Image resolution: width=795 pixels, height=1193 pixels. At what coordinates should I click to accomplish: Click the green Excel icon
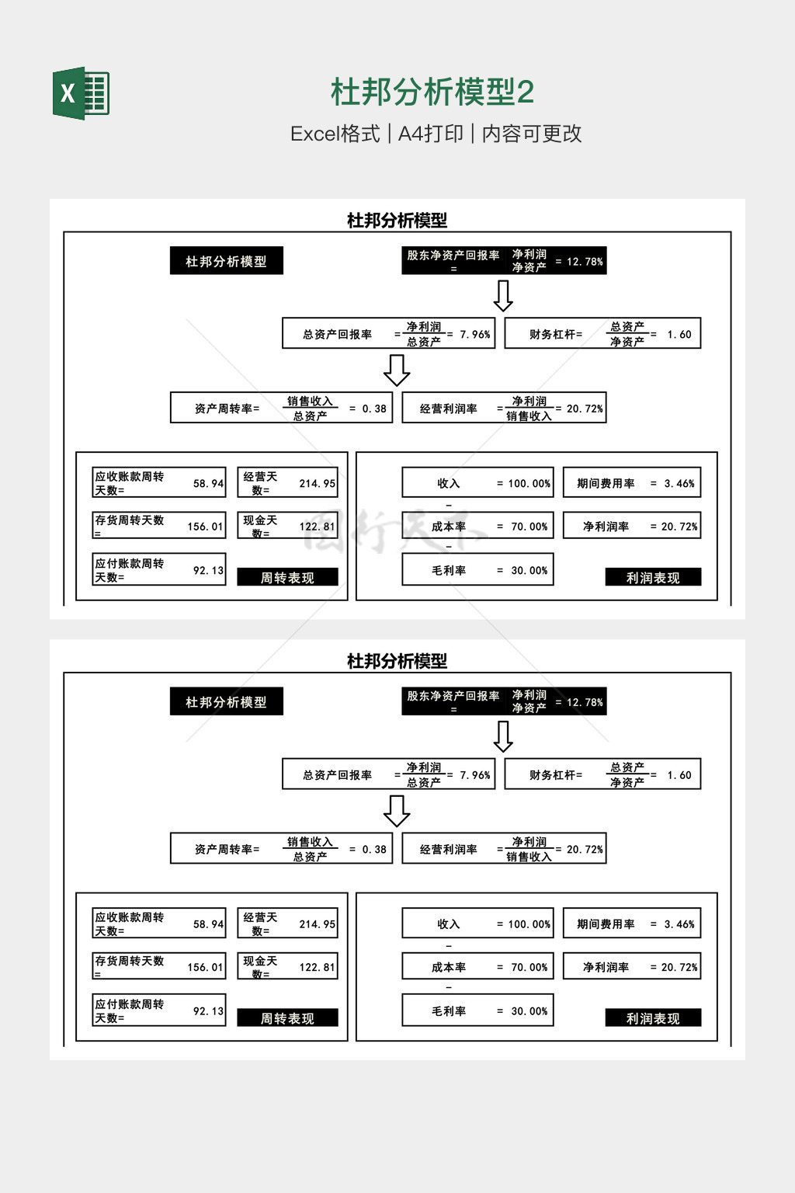pyautogui.click(x=81, y=93)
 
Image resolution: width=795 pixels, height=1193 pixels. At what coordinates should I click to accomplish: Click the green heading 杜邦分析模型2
pyautogui.click(x=432, y=92)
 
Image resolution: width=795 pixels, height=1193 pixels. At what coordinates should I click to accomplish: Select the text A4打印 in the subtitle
pyautogui.click(x=430, y=134)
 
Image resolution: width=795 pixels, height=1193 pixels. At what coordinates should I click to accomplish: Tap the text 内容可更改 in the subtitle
pyautogui.click(x=532, y=134)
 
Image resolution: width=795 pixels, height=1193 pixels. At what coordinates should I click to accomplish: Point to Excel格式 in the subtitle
pyautogui.click(x=335, y=134)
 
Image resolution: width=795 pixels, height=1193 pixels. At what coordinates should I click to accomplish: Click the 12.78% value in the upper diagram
pyautogui.click(x=585, y=262)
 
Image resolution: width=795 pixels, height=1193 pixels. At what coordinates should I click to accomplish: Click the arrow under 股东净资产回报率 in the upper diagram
pyautogui.click(x=503, y=295)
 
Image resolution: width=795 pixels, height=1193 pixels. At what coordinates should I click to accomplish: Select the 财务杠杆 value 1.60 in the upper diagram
pyautogui.click(x=679, y=335)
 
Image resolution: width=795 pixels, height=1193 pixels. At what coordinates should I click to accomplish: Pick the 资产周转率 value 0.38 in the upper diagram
pyautogui.click(x=374, y=409)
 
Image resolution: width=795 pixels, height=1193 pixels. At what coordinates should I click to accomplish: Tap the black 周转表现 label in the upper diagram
pyautogui.click(x=287, y=577)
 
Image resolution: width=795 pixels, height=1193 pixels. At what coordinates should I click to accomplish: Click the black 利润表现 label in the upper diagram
pyautogui.click(x=653, y=577)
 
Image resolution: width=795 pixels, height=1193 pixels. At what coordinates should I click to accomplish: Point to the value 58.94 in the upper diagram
pyautogui.click(x=208, y=483)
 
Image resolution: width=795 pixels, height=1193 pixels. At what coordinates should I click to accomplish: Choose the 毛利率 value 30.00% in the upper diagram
pyautogui.click(x=529, y=570)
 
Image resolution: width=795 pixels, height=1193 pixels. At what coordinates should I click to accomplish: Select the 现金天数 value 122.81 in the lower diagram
pyautogui.click(x=317, y=967)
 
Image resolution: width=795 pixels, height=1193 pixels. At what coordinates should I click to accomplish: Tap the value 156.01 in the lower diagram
pyautogui.click(x=205, y=967)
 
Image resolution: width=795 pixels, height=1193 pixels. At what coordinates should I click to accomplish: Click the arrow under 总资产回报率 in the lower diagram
pyautogui.click(x=397, y=811)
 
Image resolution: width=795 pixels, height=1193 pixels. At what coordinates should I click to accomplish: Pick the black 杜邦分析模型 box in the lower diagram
pyautogui.click(x=226, y=701)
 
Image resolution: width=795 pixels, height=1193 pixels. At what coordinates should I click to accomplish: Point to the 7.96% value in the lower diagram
pyautogui.click(x=475, y=775)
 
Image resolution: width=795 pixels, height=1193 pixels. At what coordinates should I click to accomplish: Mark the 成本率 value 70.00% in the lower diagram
pyautogui.click(x=529, y=967)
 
